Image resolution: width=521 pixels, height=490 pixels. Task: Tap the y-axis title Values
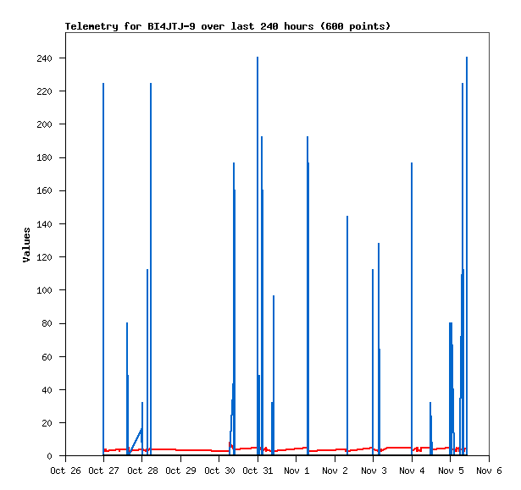(x=26, y=244)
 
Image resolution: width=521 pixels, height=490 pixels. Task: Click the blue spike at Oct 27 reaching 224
(x=103, y=254)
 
